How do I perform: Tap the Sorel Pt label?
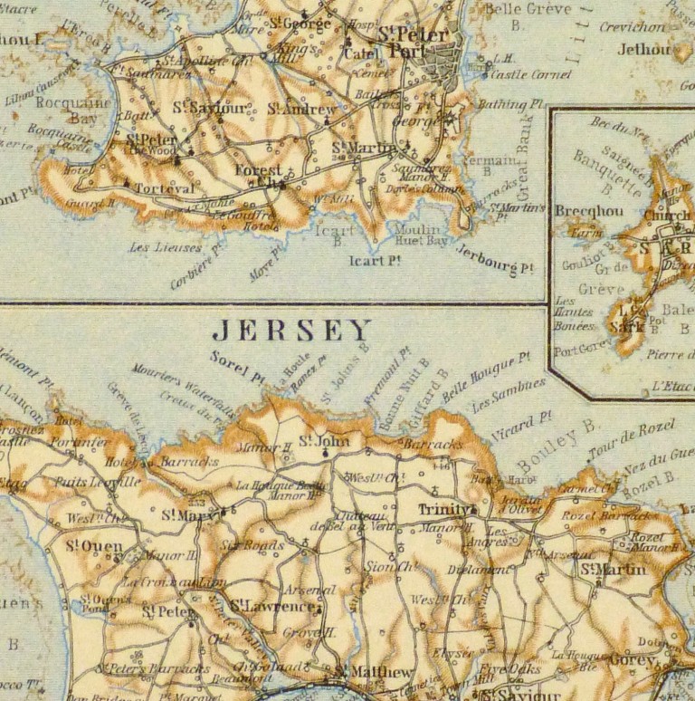236,364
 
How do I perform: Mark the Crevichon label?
631,27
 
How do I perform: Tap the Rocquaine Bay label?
72,110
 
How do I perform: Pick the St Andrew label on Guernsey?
301,110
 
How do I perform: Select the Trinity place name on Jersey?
443,510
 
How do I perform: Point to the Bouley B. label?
559,449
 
